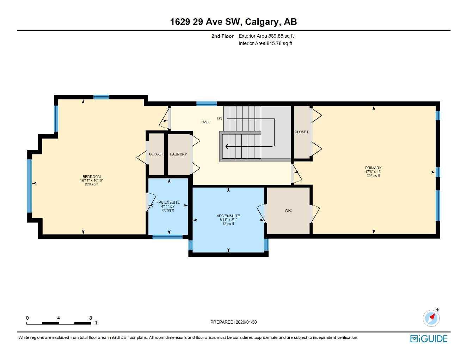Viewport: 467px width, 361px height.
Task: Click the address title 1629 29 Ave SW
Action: click(233, 22)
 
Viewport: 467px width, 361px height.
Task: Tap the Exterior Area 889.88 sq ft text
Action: click(266, 36)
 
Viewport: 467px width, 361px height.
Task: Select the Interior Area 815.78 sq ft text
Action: click(265, 44)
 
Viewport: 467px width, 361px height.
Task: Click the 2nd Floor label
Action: click(222, 36)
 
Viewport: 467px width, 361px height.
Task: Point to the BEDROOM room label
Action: click(92, 177)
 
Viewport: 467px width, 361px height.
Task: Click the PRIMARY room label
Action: click(373, 168)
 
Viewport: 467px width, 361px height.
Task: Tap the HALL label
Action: click(206, 122)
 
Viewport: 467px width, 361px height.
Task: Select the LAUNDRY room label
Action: click(178, 154)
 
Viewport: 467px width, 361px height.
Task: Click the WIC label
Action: click(288, 210)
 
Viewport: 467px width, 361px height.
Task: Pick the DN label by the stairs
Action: click(220, 118)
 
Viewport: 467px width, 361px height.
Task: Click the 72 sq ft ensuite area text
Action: click(228, 224)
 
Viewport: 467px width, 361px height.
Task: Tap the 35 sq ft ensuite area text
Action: click(168, 210)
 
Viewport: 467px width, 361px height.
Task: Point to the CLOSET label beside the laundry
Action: click(156, 154)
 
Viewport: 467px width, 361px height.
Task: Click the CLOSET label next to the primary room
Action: click(301, 132)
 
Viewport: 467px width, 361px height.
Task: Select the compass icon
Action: click(431, 318)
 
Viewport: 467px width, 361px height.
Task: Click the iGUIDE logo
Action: click(429, 339)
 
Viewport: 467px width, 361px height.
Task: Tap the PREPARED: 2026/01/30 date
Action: click(233, 322)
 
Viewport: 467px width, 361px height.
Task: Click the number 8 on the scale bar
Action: click(91, 318)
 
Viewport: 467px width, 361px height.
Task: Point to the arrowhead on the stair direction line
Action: click(227, 146)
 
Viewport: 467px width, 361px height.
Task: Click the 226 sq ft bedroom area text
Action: click(92, 184)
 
